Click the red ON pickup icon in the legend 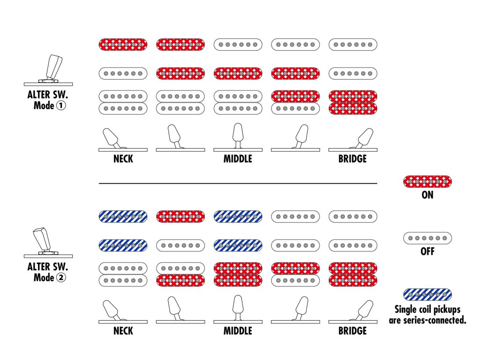tap(427, 181)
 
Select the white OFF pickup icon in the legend tap(427, 238)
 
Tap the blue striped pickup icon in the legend tap(427, 294)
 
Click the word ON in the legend tap(427, 195)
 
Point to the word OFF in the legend tap(427, 252)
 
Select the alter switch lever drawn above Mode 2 tap(43, 239)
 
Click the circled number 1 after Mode tap(61, 105)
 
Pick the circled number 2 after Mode tap(61, 277)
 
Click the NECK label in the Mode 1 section tap(123, 159)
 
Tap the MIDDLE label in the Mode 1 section tap(238, 159)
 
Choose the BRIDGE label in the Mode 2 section tap(352, 331)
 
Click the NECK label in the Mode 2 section tap(123, 331)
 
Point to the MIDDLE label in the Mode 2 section tap(238, 331)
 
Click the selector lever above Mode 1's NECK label tap(112, 137)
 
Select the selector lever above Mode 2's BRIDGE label tap(364, 309)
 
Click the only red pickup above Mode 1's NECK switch tap(123, 45)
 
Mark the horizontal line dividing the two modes tap(238, 183)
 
